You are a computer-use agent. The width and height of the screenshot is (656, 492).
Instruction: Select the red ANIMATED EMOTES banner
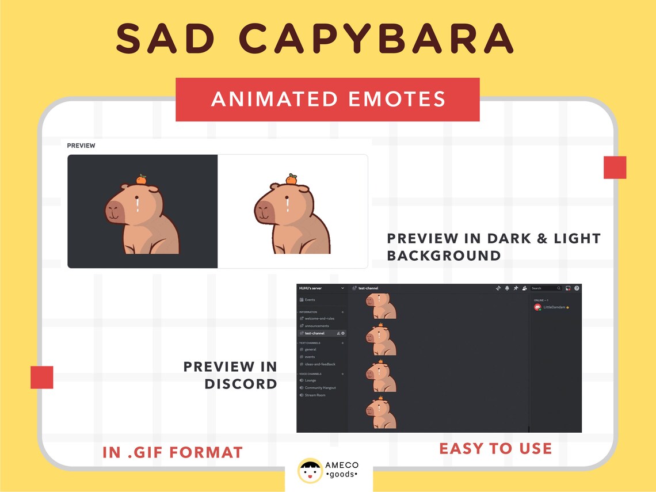(327, 100)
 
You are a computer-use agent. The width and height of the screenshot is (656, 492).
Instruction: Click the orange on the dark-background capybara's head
(141, 180)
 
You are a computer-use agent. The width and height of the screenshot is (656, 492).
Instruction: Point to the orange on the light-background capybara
(291, 179)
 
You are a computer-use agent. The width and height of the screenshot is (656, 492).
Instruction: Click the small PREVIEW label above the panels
(81, 146)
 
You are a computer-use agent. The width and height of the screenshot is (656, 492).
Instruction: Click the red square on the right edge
(615, 167)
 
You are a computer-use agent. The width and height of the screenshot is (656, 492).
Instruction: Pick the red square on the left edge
(42, 377)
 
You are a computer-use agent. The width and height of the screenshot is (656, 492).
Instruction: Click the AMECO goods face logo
(310, 470)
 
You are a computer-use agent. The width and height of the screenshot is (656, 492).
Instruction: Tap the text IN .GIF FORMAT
(173, 452)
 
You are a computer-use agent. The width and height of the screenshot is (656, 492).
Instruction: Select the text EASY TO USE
(495, 448)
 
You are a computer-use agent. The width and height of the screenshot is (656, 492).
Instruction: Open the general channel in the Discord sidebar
(310, 349)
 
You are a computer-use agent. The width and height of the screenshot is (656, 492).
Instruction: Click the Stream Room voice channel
(315, 395)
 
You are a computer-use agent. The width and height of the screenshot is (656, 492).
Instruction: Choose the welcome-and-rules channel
(319, 318)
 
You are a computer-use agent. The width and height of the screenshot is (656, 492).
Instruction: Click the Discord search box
(546, 288)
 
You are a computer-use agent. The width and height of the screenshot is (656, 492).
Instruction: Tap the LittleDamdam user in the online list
(554, 308)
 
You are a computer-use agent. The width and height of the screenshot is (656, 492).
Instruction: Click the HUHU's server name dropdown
(321, 288)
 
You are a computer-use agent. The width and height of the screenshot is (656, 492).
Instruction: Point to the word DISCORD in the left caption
(241, 384)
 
